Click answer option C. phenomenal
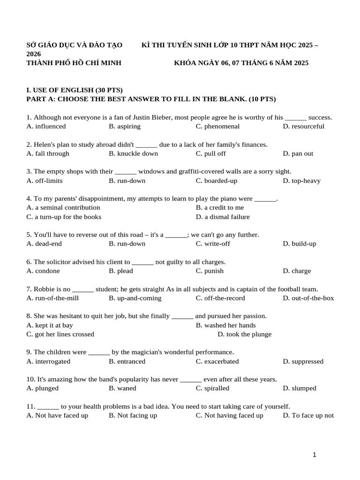[x=217, y=127]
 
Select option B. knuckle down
[x=133, y=154]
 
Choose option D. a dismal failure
[x=223, y=217]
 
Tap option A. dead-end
[x=44, y=244]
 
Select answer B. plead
[x=121, y=271]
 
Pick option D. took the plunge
[x=244, y=334]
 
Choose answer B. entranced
[x=127, y=361]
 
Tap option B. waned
[x=120, y=388]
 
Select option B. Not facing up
[x=133, y=415]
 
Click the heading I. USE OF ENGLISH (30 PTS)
[x=75, y=90]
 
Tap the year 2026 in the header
[x=34, y=54]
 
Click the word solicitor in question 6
[x=59, y=262]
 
